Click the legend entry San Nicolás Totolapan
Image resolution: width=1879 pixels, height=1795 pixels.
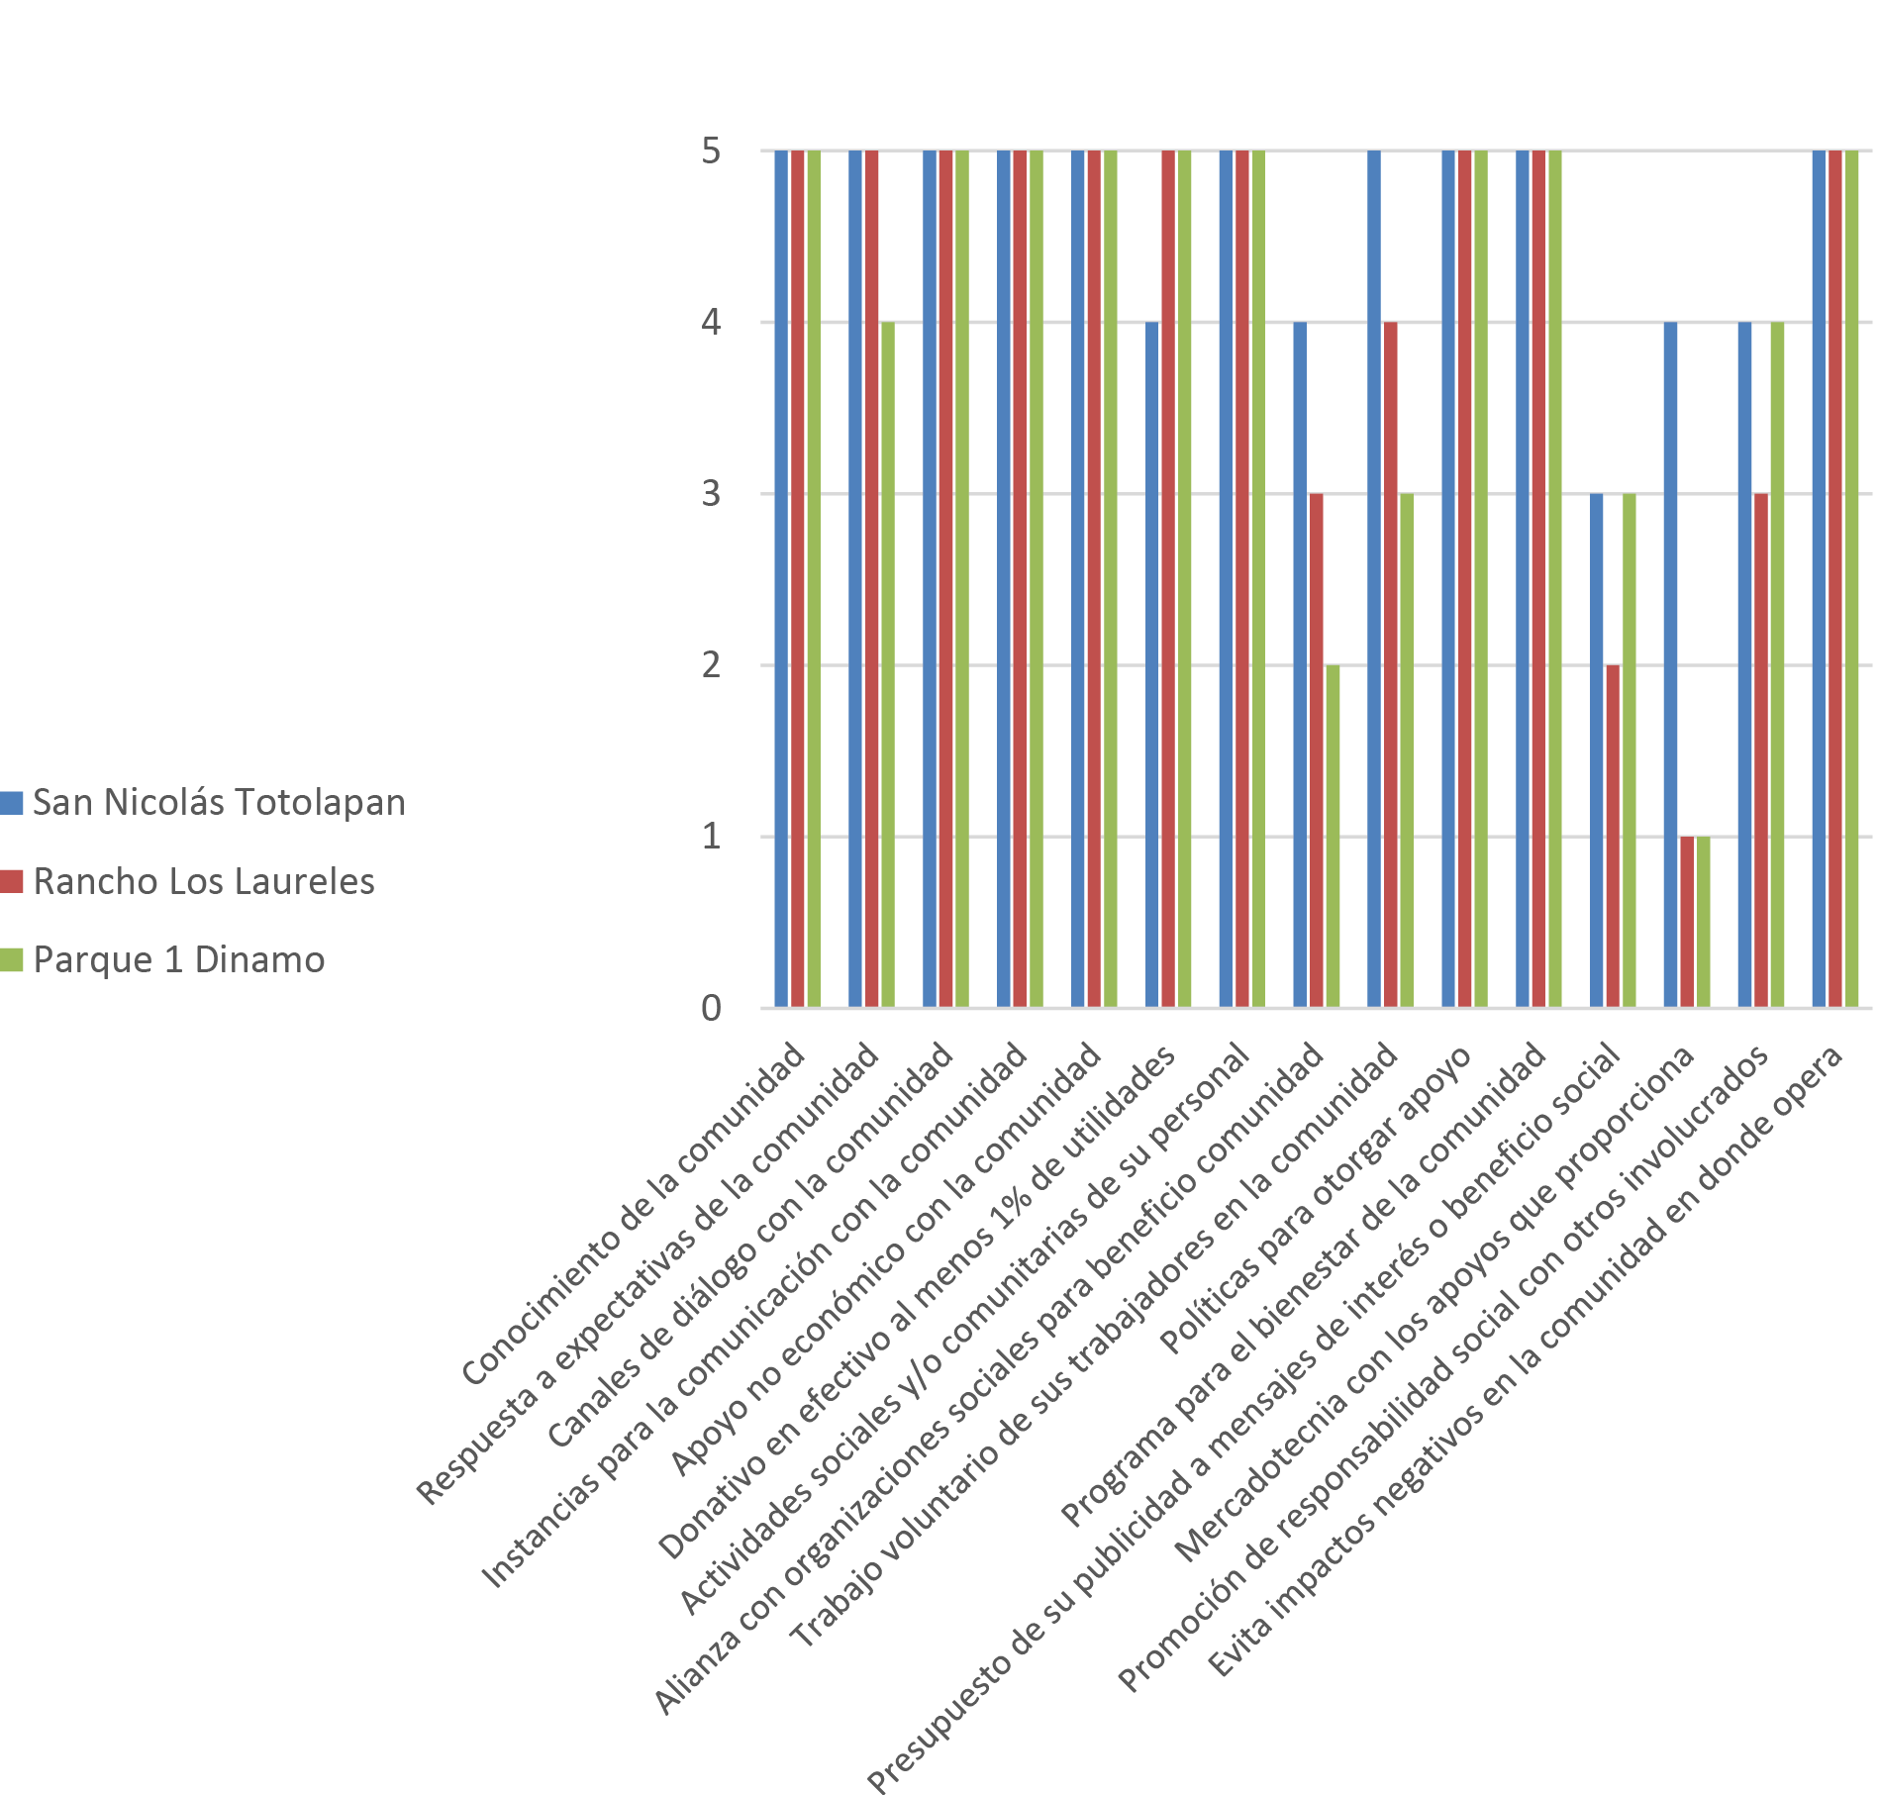tap(219, 803)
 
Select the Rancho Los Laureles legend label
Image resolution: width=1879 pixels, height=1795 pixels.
tap(204, 881)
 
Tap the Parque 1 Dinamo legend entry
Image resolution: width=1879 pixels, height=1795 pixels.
tap(179, 959)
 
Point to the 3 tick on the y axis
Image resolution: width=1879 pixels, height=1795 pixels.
tap(711, 493)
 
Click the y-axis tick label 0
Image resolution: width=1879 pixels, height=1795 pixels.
tap(711, 1008)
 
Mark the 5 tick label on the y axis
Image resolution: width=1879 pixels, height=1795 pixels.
tap(711, 151)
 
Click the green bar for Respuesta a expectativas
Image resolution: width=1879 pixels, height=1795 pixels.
tap(888, 663)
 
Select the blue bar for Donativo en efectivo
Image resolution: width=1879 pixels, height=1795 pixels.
tap(1151, 663)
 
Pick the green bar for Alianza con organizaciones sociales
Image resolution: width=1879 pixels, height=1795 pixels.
tap(1333, 837)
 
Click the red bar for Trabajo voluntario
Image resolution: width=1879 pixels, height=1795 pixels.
tap(1390, 663)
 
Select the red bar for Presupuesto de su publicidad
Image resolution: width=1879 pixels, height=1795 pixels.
tap(1613, 837)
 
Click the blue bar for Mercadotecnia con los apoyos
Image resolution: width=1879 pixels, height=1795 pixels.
tap(1670, 663)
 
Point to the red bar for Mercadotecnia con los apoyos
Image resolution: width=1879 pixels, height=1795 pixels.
tap(1687, 922)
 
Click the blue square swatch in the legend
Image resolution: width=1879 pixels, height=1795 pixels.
tap(12, 803)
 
